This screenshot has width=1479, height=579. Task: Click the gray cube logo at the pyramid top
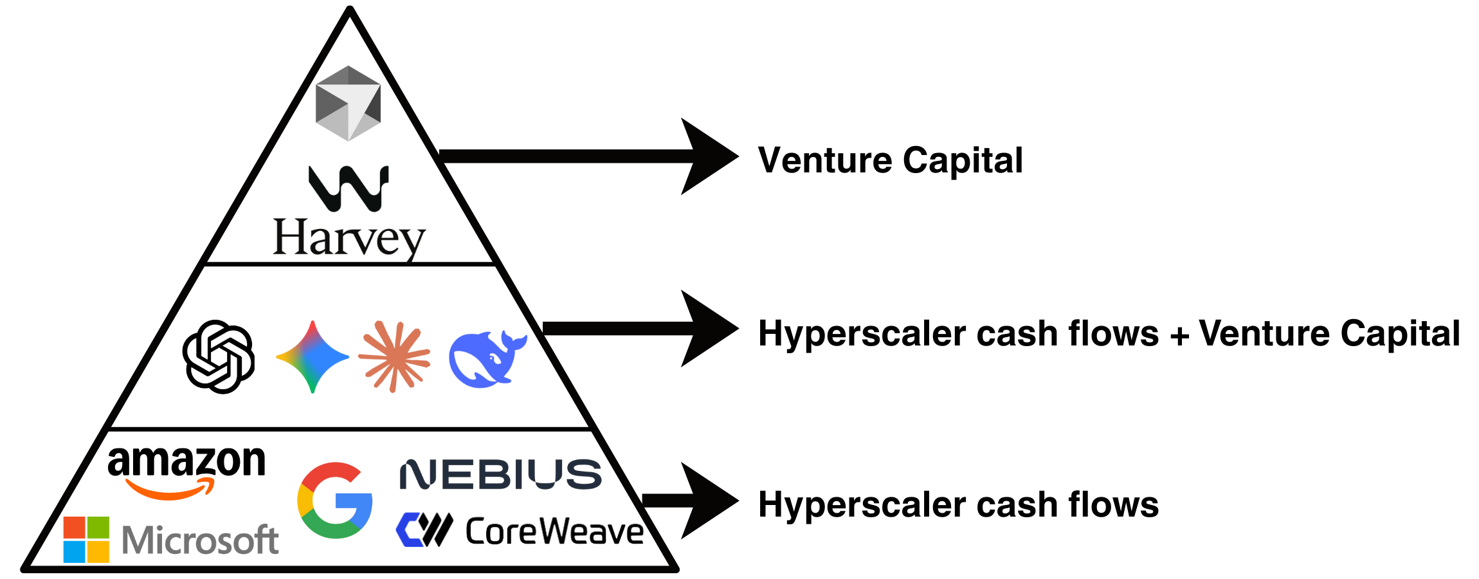348,103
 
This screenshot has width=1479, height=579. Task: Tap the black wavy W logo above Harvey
349,188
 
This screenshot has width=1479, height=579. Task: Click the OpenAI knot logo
219,356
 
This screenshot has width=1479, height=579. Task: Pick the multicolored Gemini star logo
313,356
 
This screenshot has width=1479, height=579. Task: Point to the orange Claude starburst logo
394,356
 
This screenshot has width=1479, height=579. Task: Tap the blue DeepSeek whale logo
486,358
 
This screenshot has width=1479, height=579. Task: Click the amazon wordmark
186,462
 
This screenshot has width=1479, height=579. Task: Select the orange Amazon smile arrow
170,490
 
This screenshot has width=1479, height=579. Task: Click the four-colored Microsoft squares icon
86,540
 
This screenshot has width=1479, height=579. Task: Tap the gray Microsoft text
200,540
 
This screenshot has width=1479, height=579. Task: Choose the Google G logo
335,500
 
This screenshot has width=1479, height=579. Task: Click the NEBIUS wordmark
500,475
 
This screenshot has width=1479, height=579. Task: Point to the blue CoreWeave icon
424,530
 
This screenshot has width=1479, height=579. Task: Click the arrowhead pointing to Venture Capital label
707,156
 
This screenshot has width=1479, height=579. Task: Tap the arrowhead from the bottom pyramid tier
707,501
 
